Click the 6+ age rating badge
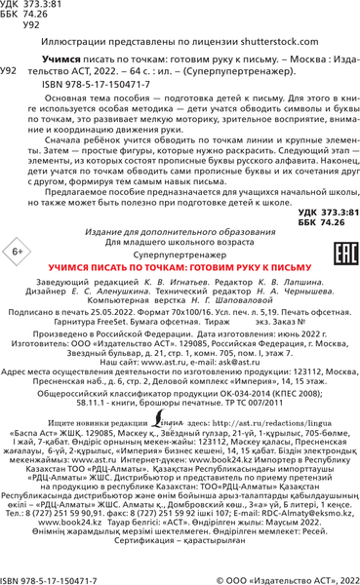click(21, 253)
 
